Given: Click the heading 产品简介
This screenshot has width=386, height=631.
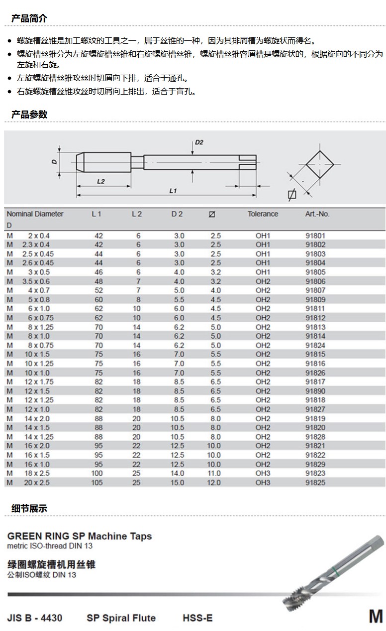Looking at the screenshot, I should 29,18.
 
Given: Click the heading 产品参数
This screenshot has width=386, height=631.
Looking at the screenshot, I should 29,114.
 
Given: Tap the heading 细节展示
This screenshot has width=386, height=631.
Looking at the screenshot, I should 29,508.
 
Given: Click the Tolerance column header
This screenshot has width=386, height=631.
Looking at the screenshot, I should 263,214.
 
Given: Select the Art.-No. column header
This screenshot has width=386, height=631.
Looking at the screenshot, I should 317,214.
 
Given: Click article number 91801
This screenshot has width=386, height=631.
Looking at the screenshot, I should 315,236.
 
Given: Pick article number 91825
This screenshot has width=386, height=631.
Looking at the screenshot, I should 315,482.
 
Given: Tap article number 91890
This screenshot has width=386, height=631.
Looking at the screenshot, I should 315,391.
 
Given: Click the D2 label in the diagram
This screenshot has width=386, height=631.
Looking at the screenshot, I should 198,142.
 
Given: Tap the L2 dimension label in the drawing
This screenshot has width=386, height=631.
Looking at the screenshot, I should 100,181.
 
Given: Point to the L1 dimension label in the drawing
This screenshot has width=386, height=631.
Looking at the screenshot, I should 173,190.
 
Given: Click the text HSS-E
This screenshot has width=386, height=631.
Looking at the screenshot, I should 197,618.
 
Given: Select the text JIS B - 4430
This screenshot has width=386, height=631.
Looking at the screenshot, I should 35,618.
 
